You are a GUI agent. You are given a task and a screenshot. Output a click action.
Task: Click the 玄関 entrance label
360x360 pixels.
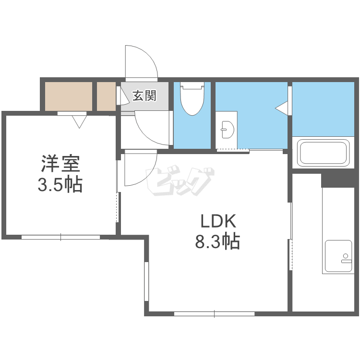tap(144, 96)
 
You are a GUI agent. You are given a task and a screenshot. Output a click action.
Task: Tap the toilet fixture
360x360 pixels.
tap(192, 98)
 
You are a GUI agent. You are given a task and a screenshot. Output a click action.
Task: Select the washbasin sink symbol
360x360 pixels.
tap(228, 130)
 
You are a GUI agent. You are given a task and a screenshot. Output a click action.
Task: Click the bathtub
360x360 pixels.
tap(323, 153)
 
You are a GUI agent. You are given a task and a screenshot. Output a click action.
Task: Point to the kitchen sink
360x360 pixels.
tap(338, 255)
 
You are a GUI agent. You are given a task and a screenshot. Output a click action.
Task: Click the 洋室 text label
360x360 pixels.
tap(60, 164)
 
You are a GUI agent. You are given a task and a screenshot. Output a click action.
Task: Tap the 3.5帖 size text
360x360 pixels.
tap(60, 184)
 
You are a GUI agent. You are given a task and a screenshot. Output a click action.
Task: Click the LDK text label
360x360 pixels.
tap(218, 221)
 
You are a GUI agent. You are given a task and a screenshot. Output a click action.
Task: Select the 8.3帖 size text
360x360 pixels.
tap(217, 241)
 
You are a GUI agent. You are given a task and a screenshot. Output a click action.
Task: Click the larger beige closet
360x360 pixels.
tap(69, 96)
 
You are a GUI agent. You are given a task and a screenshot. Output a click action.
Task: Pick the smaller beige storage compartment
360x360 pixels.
tap(106, 96)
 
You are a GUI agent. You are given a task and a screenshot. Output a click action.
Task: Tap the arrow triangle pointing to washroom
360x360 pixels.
tap(281, 108)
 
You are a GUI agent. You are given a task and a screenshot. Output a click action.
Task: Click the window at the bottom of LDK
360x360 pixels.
tap(214, 313)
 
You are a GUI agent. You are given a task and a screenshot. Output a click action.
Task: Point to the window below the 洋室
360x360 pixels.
tap(61, 237)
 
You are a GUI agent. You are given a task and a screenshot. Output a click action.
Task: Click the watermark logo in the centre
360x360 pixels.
tap(180, 181)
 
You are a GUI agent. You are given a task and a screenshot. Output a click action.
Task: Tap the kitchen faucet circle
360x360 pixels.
tap(345, 255)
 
